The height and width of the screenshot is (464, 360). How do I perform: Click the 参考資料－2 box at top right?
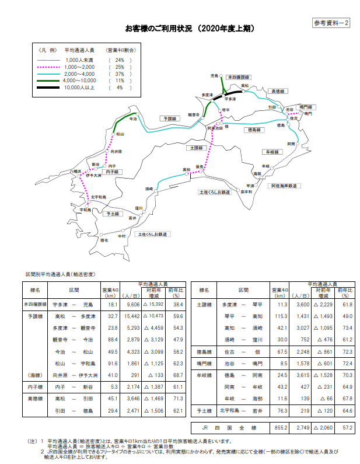331,23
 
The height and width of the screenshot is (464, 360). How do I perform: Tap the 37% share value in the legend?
120,74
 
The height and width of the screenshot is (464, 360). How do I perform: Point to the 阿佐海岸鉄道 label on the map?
284,186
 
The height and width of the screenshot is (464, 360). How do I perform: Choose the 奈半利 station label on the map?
246,191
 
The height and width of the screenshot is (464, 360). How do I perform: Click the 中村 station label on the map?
121,236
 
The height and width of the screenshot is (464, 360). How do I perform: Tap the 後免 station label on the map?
200,167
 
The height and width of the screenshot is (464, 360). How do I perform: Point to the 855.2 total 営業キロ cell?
281,428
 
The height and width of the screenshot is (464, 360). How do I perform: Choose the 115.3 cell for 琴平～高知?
281,316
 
